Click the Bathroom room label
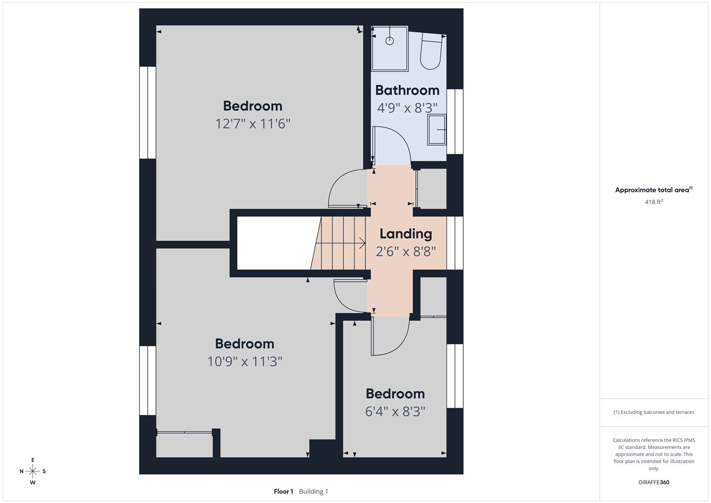407,90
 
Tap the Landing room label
406,234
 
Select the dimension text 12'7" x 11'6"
252,124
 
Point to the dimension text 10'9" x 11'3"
244,361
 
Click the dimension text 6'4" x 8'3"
395,412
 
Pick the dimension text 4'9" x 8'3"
407,108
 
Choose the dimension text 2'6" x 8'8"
406,252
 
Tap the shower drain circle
390,41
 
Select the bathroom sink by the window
437,129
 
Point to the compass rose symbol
33,471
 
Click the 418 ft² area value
653,202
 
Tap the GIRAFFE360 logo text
653,482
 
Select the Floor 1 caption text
283,491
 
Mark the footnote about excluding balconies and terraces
653,412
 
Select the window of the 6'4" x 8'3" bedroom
455,376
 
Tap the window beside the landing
455,243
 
